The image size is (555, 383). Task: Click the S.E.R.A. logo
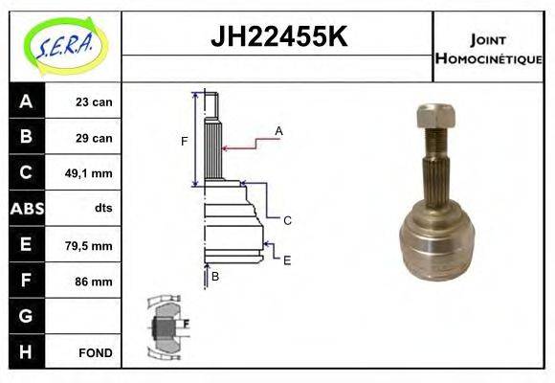(x=62, y=45)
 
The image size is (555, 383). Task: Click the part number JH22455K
(x=277, y=37)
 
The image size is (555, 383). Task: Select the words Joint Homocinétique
(x=488, y=49)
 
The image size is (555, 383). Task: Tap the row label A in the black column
(x=26, y=101)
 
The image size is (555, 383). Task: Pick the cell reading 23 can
(x=95, y=102)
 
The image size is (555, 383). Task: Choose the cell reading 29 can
(x=95, y=138)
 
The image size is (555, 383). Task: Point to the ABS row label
(x=26, y=209)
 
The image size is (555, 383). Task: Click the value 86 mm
(x=95, y=282)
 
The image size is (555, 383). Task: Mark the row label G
(x=26, y=316)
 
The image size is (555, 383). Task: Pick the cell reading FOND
(x=96, y=352)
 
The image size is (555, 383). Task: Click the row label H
(x=26, y=351)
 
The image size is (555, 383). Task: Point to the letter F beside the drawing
(x=184, y=142)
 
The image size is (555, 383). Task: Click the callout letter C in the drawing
(x=286, y=219)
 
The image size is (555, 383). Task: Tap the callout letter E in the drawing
(x=286, y=259)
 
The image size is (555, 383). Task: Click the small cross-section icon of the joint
(x=166, y=327)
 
